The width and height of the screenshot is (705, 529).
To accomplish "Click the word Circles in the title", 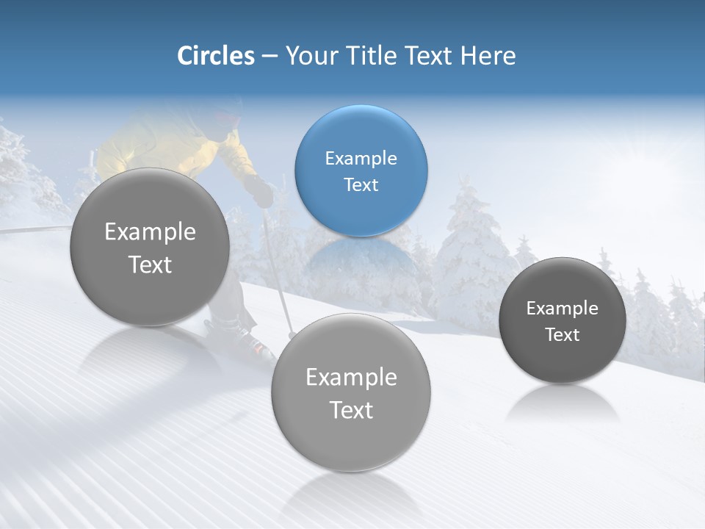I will point(216,56).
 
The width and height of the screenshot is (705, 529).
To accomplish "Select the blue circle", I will point(361,170).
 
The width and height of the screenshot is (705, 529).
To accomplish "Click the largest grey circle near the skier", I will point(150,247).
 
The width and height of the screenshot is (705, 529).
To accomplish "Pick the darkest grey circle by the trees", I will point(563,320).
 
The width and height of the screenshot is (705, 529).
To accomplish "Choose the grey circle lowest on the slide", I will point(351,392).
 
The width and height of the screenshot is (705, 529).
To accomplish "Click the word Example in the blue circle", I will point(361,158).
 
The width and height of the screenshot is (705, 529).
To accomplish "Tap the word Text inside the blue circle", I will point(361,184).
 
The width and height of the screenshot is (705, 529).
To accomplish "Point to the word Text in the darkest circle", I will point(563,334).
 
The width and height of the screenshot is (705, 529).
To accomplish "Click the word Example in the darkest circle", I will point(563,308).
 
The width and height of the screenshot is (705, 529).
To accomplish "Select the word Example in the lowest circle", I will point(351,377).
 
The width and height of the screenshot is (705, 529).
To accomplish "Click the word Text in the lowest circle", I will point(351,410).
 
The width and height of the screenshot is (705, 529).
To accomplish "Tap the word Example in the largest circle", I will point(150,231).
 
